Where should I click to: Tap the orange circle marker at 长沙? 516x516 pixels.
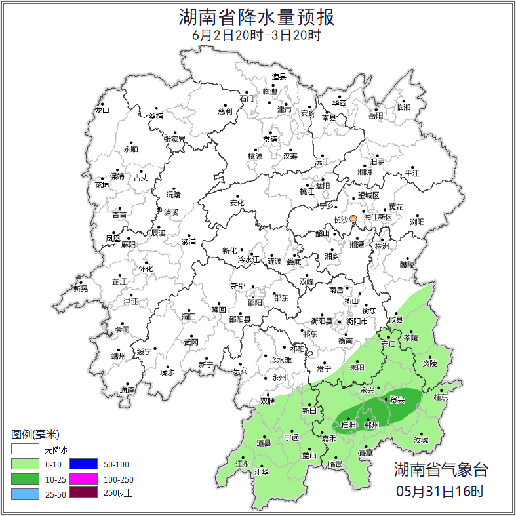[x=353, y=218]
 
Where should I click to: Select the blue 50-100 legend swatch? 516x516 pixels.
[x=83, y=465]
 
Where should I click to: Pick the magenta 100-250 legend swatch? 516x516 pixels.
[x=83, y=479]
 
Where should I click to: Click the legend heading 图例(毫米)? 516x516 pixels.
[x=35, y=435]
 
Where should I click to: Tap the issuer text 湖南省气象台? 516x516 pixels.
[x=441, y=470]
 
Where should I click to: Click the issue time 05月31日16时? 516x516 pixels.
[x=440, y=490]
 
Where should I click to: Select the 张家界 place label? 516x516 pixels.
[x=174, y=139]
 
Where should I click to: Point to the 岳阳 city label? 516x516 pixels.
[x=375, y=116]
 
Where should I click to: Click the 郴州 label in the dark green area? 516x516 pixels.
[x=371, y=425]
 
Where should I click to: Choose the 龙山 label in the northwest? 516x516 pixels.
[x=102, y=110]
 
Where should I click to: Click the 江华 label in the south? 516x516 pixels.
[x=262, y=472]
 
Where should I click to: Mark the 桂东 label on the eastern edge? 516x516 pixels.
[x=441, y=397]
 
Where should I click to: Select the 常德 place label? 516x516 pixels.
[x=269, y=139]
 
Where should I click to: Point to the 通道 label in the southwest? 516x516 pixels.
[x=127, y=391]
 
